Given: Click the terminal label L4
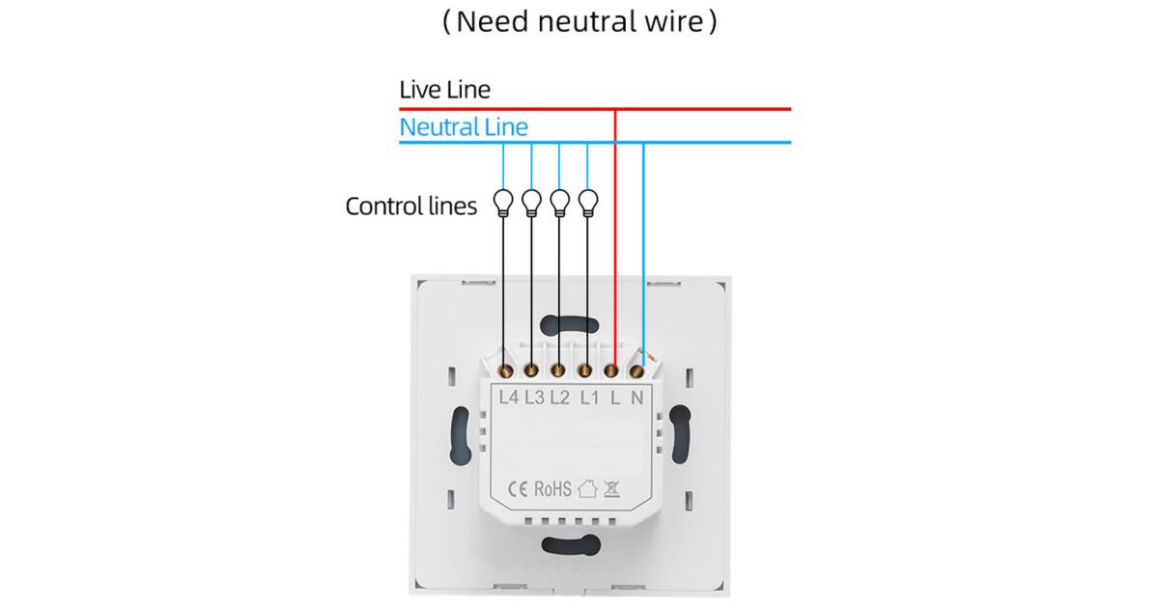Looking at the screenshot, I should [508, 397].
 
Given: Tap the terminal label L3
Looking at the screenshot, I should [534, 397].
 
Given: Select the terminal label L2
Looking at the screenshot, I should [559, 397].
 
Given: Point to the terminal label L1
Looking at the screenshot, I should [589, 397].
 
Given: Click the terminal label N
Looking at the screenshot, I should [637, 397].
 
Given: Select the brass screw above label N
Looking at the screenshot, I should [636, 368].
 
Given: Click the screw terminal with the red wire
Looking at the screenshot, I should [611, 368].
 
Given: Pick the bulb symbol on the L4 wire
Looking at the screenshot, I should [503, 202].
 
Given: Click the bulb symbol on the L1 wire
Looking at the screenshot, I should [588, 202].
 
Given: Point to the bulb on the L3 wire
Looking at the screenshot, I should [531, 202].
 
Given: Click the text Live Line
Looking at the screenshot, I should [444, 91].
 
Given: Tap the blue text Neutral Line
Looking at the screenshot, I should [464, 126].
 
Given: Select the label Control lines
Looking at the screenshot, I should [411, 206].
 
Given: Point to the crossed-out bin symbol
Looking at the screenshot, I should [611, 488].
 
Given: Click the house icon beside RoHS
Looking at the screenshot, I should [587, 488].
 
